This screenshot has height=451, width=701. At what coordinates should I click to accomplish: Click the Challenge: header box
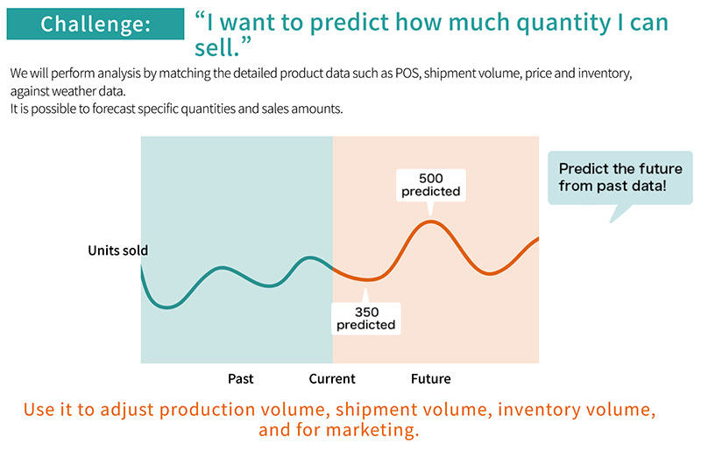click(95, 24)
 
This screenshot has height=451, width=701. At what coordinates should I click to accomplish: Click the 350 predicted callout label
click(366, 319)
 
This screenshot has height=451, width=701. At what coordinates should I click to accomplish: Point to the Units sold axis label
click(117, 250)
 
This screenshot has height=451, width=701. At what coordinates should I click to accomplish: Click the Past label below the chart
click(241, 379)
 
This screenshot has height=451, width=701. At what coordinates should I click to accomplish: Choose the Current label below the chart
click(332, 379)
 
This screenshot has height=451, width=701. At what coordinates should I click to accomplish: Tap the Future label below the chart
click(431, 379)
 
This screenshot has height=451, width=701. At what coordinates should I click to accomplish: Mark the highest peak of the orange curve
click(430, 221)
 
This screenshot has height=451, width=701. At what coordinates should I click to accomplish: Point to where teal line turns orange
click(333, 268)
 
